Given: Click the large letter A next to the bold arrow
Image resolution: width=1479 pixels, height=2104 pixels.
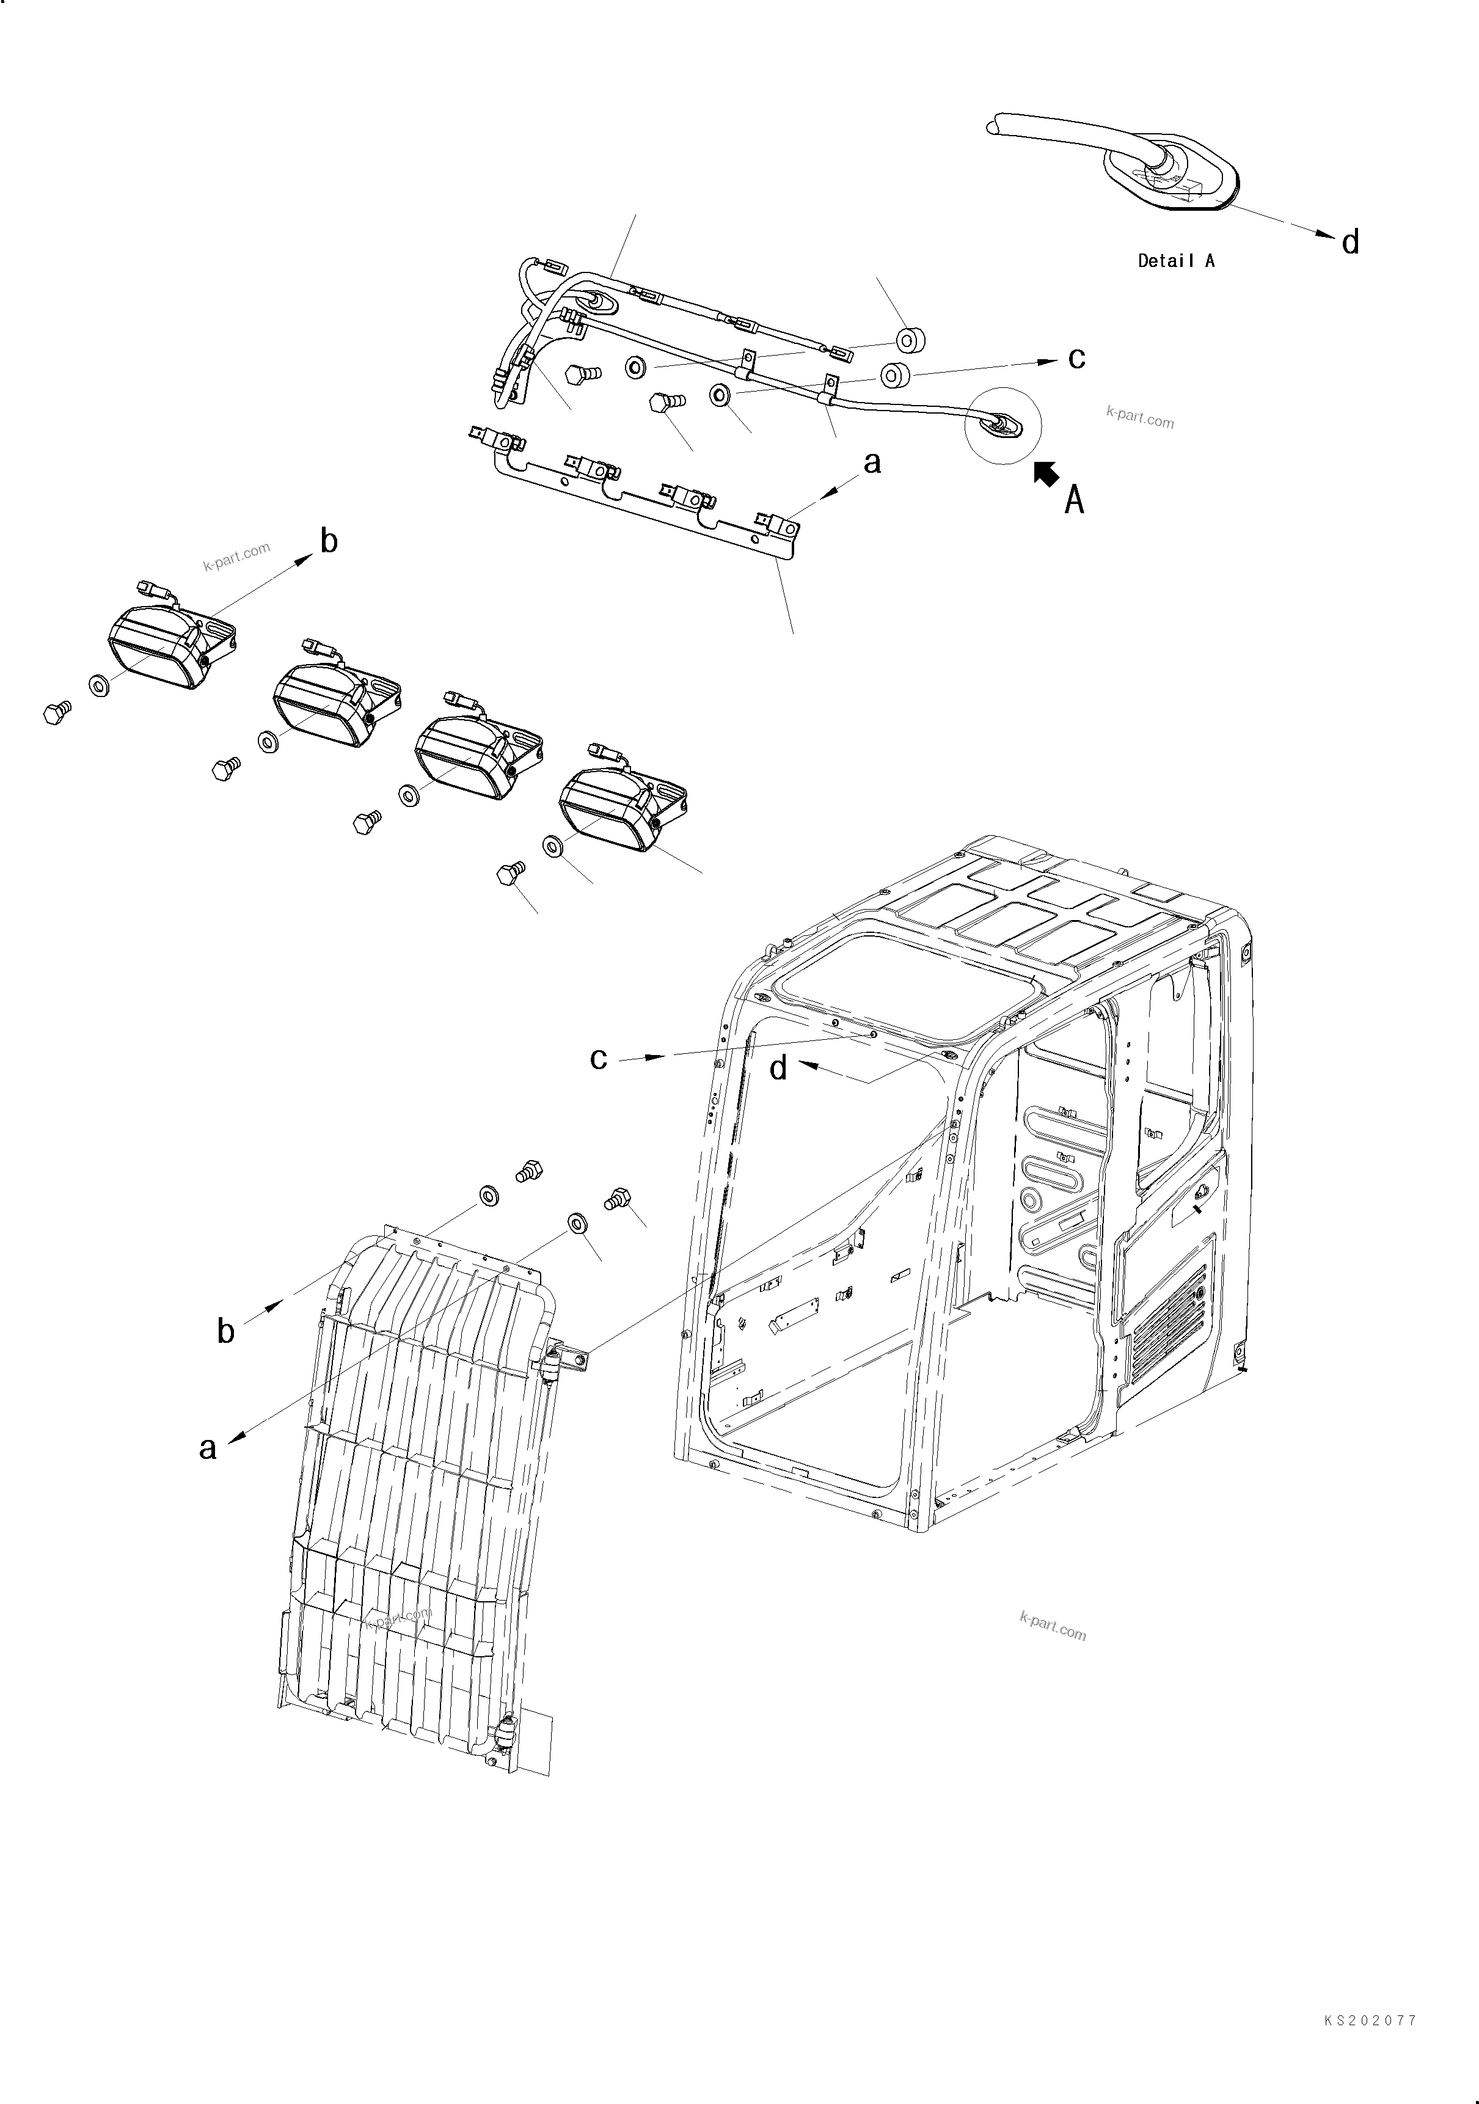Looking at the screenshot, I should (x=1074, y=500).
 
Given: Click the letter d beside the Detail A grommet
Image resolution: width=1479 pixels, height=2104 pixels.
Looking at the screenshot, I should (x=1350, y=243).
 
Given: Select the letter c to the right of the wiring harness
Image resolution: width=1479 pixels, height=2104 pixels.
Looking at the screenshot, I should (x=1076, y=358).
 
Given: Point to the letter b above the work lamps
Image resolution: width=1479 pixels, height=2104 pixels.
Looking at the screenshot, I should (x=329, y=541).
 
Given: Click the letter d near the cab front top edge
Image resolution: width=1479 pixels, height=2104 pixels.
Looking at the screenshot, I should (x=778, y=1068).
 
